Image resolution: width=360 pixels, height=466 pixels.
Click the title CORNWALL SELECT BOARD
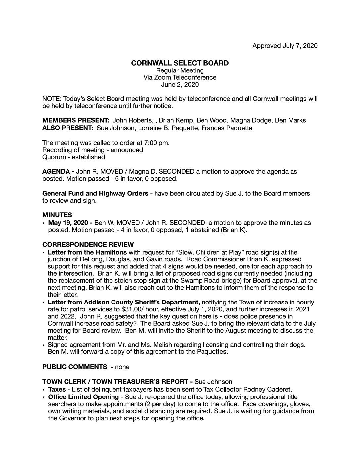pyautogui.click(x=180, y=63)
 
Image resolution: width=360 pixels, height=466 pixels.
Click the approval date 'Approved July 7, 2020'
pyautogui.click(x=285, y=46)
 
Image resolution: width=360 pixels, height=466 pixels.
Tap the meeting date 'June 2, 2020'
pyautogui.click(x=180, y=84)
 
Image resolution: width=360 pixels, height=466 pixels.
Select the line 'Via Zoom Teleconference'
pyautogui.click(x=180, y=77)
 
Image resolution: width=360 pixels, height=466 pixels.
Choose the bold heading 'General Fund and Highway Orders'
pyautogui.click(x=95, y=193)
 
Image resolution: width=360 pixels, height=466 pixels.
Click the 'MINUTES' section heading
pyautogui.click(x=57, y=215)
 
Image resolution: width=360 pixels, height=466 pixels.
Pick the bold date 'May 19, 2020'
pyautogui.click(x=68, y=222)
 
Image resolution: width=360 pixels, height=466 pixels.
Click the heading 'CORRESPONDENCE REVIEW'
pyautogui.click(x=88, y=245)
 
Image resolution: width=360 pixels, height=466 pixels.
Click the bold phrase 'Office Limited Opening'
pyautogui.click(x=83, y=396)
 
